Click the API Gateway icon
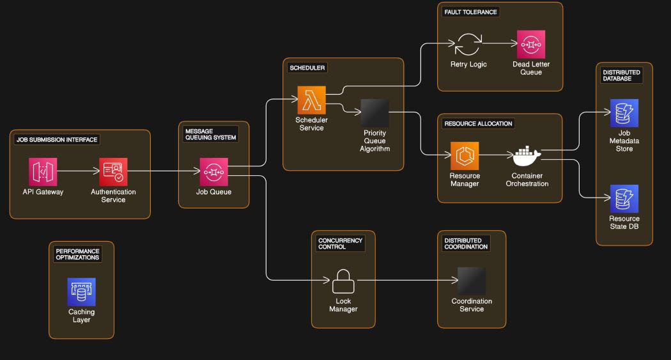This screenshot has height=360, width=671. pos(43,171)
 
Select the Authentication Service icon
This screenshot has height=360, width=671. pos(113,171)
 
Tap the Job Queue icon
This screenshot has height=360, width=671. pos(213,171)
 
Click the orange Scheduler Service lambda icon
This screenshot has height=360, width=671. pos(311,100)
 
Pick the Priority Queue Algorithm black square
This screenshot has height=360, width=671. pos(374,113)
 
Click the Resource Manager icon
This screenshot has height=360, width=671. pos(465,155)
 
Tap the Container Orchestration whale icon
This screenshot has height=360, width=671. pos(527,155)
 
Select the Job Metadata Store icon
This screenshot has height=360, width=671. pos(624,113)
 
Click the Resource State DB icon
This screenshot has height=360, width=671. pos(624,199)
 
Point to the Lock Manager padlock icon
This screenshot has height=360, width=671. pos(343,281)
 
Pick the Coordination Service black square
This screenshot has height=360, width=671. pos(472,281)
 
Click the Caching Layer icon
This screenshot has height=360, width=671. pos(81,292)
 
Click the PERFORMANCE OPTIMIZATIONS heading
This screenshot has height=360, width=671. pos(78,254)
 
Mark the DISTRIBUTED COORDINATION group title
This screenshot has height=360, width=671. pos(467,243)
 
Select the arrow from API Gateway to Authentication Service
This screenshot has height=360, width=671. pos(78,171)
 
